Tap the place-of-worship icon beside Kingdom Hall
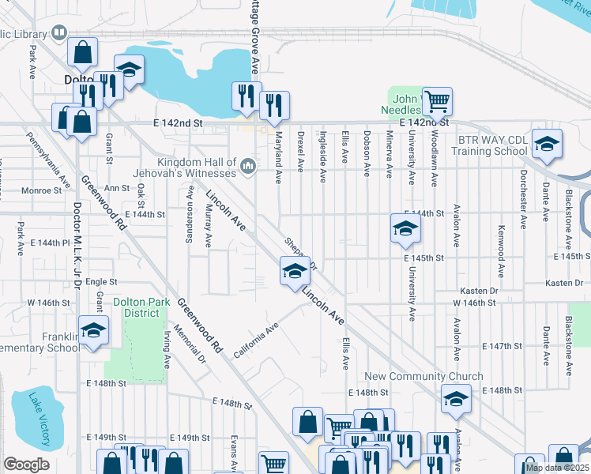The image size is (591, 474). click(x=248, y=165)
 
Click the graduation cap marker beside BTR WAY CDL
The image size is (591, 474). click(x=546, y=143)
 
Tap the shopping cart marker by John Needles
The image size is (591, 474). click(x=437, y=101)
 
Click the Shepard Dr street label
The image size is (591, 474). click(x=300, y=253)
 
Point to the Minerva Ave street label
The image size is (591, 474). click(x=390, y=155)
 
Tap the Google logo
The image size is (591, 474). click(x=26, y=465)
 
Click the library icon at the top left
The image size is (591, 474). click(x=58, y=32)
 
